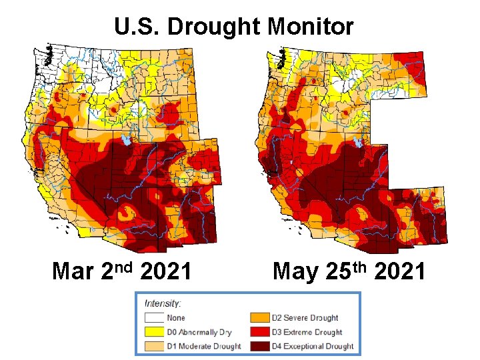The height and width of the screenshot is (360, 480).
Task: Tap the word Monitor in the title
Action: tap(310, 27)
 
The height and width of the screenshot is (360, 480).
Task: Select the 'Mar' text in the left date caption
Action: tap(73, 272)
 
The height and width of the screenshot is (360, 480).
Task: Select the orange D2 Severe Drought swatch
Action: tap(260, 318)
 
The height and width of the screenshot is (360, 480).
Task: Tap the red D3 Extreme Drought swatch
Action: tap(260, 332)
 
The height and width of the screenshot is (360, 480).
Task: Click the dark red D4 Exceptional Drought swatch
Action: tap(260, 346)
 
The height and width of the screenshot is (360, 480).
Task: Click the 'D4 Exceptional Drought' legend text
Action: tap(313, 346)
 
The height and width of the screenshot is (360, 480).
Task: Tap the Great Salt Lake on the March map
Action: tap(126, 141)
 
